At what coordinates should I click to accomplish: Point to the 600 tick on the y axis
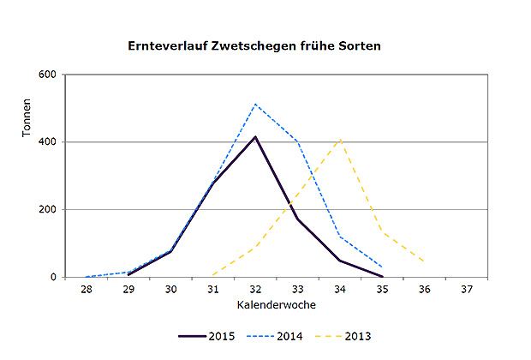point(46,75)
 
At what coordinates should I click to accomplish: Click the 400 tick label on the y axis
point(46,142)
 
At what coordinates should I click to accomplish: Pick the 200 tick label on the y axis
point(46,209)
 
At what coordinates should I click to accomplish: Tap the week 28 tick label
point(87,290)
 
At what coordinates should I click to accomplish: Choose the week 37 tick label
point(467,290)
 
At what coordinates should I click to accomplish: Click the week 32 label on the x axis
point(255,290)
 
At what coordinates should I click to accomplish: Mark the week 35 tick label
point(382,290)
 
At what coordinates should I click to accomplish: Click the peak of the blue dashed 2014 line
point(255,105)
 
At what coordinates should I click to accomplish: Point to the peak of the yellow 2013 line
point(340,140)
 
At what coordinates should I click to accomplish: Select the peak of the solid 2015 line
point(255,137)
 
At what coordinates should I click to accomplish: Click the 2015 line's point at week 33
point(298,219)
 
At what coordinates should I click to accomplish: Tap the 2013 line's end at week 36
point(424,261)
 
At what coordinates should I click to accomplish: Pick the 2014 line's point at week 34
point(340,236)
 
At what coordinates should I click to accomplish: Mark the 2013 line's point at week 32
point(255,247)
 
